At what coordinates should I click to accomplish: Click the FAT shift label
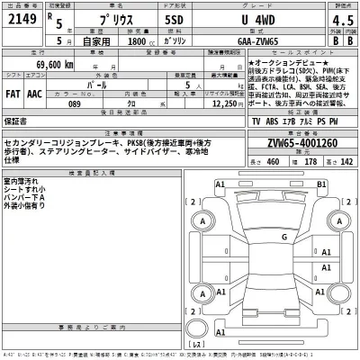[x=13, y=92]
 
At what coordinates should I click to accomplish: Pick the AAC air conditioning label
[x=35, y=92]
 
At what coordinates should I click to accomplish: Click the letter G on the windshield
[x=285, y=237]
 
